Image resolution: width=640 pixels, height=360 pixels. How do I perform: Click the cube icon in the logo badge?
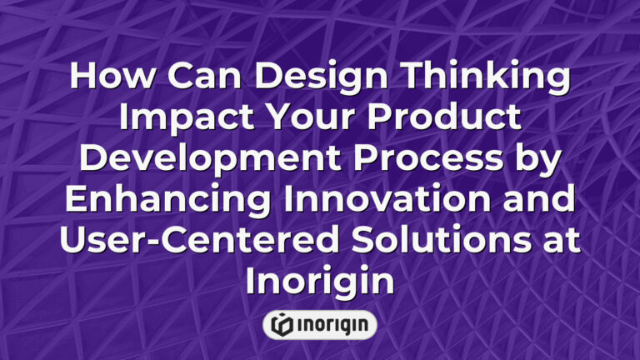coord(281,325)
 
